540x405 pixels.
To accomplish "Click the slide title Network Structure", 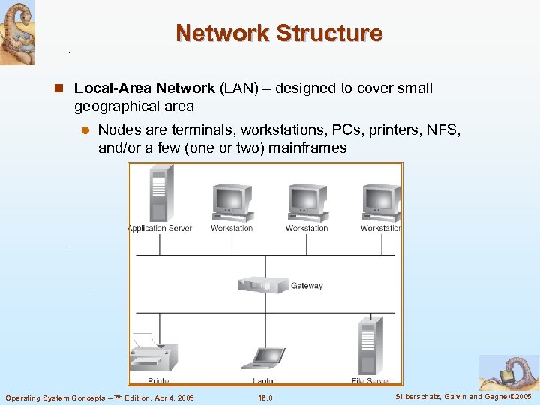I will tap(279, 34).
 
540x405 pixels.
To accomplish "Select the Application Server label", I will tap(160, 229).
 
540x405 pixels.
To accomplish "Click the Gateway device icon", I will tap(262, 285).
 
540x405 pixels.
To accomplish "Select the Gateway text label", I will tap(307, 286).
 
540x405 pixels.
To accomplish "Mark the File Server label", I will tap(371, 381).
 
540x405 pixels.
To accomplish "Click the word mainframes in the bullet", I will tap(310, 148).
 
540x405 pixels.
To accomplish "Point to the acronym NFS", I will tap(445, 130).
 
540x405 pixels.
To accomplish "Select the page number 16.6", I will tap(265, 397).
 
